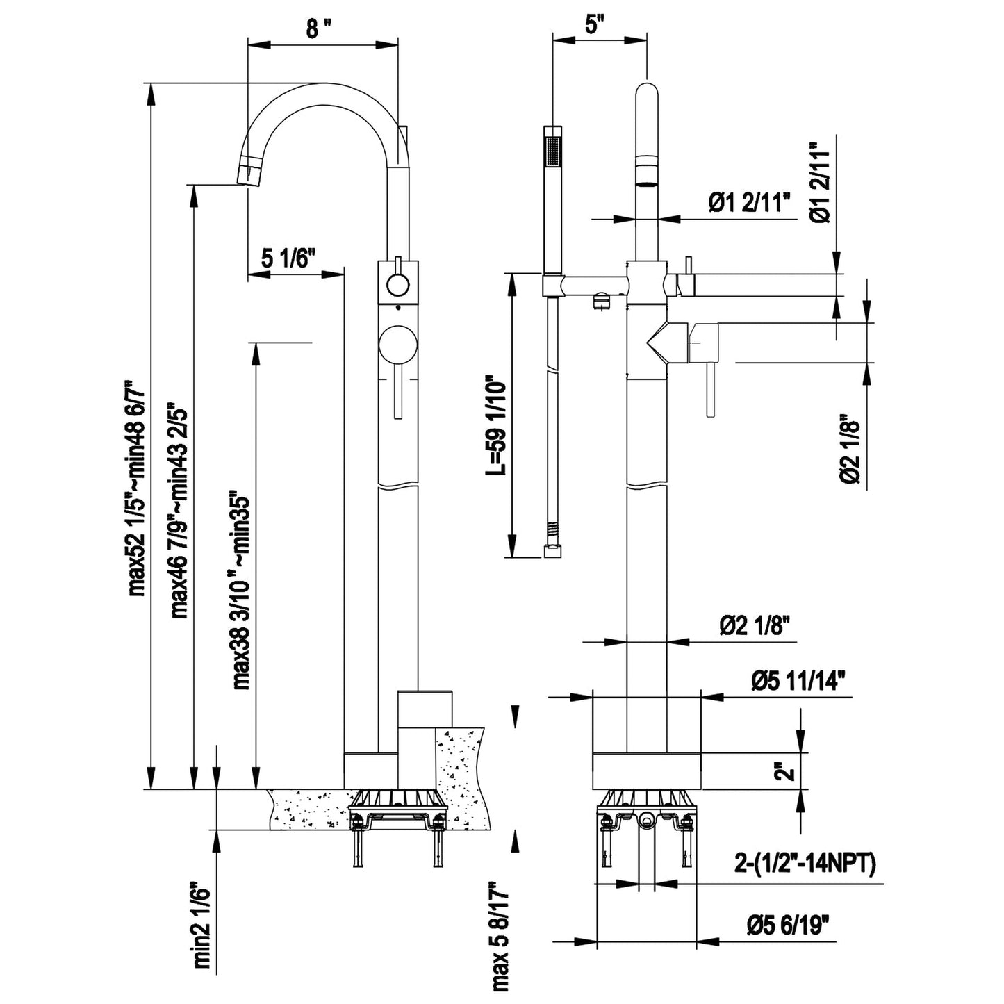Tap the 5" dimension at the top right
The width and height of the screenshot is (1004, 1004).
[591, 24]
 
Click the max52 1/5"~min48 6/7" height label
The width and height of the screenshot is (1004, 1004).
[136, 488]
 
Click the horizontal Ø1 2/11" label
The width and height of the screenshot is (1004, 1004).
[750, 203]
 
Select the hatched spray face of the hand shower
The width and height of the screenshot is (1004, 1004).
[553, 151]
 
